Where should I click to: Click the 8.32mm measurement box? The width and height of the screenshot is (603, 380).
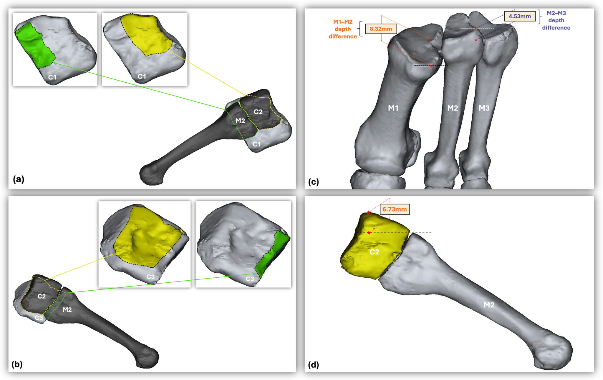[x=381, y=29]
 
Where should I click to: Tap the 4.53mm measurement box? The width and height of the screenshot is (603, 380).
[x=520, y=16]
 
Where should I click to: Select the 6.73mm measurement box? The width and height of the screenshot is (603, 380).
[x=395, y=209]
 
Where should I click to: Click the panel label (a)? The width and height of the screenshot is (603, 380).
[x=19, y=179]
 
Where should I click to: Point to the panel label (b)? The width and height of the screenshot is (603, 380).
[x=17, y=364]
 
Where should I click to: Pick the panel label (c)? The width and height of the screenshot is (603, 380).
[x=314, y=182]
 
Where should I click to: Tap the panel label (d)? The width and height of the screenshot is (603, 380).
[x=314, y=365]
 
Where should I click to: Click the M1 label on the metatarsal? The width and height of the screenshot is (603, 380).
[x=393, y=108]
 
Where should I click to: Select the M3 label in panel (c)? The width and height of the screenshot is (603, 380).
[x=484, y=108]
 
